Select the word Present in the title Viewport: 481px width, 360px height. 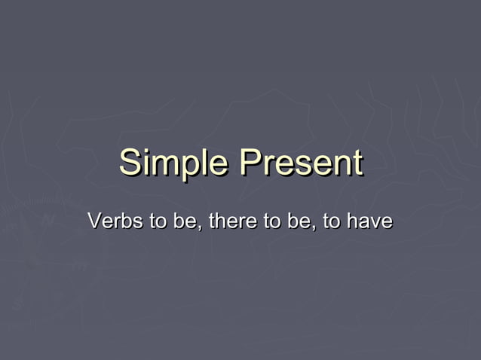click(300, 163)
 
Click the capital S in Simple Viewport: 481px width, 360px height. click(130, 163)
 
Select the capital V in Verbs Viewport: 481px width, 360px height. click(94, 223)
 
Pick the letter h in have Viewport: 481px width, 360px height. click(353, 223)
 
